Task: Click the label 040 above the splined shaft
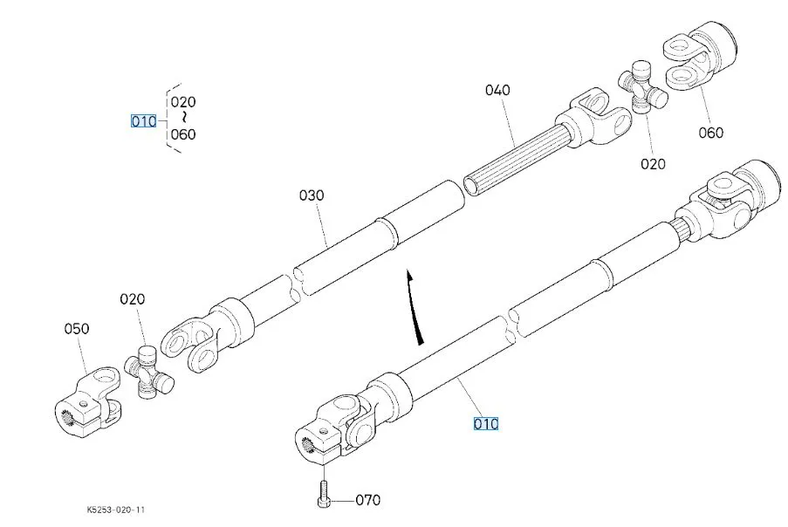(x=497, y=91)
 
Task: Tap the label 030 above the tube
(x=312, y=195)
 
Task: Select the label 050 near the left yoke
(x=77, y=329)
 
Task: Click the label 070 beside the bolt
(x=368, y=500)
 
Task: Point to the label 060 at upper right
(x=711, y=133)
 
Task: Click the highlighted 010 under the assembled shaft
(x=486, y=424)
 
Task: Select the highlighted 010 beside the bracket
(x=144, y=121)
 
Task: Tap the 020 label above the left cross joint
(x=132, y=299)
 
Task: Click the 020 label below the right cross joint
(x=653, y=164)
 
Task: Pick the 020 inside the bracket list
(x=183, y=102)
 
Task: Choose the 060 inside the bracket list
(x=183, y=134)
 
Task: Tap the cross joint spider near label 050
(x=148, y=372)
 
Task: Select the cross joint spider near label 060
(x=642, y=86)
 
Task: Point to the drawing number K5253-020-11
(x=115, y=510)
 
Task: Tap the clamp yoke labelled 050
(x=87, y=400)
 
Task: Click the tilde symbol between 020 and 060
(x=185, y=118)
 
